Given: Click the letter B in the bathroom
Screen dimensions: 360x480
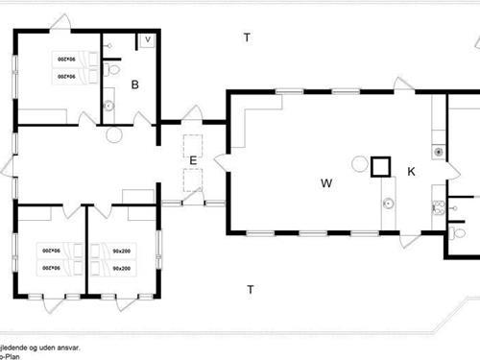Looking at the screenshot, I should pos(135,84).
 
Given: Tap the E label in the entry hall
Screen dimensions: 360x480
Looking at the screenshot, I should pos(193,160).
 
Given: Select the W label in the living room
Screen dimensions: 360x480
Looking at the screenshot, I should pos(326,181).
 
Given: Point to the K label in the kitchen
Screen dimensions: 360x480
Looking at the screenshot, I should pos(411,172).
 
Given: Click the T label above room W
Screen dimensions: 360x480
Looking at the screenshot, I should pos(247,37).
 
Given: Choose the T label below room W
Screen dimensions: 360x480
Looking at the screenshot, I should pos(250,289).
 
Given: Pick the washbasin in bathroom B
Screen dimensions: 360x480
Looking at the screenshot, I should pos(107,107).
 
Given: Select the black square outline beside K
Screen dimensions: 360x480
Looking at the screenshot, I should pos(381,167).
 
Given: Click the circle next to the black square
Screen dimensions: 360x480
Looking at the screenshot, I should pos(359,163).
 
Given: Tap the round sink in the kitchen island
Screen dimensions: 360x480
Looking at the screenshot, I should pos(389,203).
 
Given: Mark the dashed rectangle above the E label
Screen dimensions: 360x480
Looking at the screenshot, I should pos(193,146).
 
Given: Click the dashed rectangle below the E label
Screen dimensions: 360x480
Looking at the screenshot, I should pos(193,180).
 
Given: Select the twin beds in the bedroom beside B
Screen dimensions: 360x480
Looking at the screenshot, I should pos(64,67).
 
